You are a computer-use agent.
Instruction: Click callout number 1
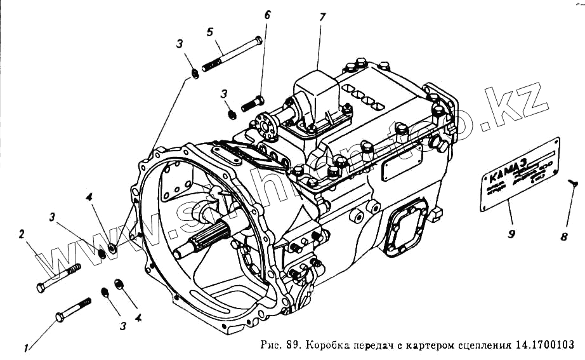(27, 347)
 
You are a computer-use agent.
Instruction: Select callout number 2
(22, 234)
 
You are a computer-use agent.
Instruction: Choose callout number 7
(322, 17)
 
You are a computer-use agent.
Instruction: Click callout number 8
(563, 237)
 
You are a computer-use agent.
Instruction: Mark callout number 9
(511, 232)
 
